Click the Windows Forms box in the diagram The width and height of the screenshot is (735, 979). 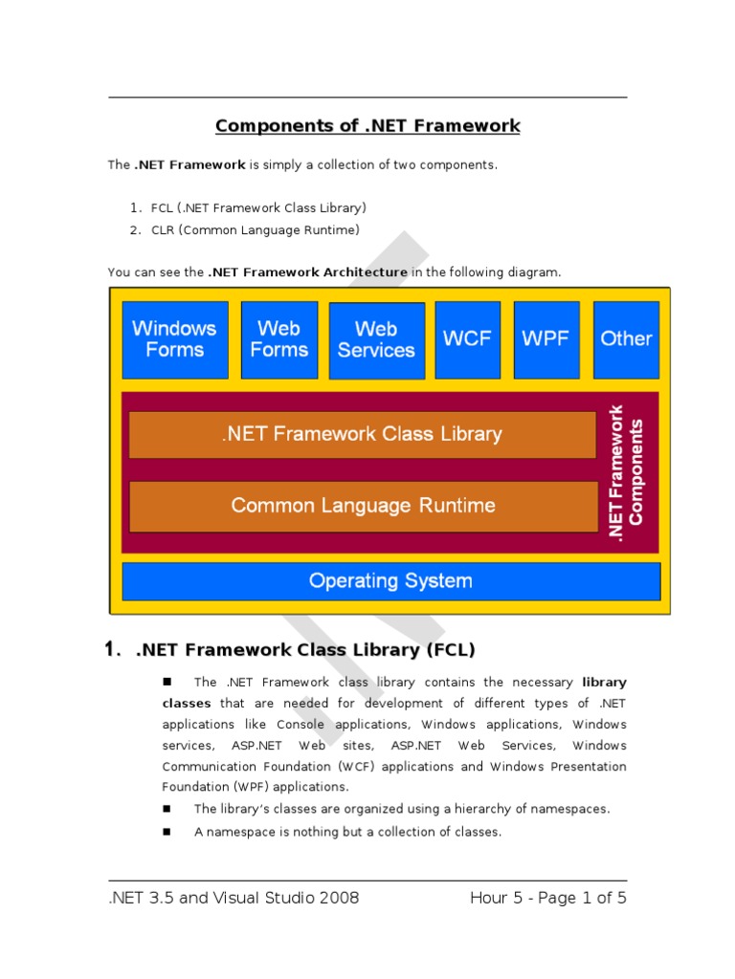click(x=175, y=339)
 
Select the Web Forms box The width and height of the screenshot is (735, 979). click(x=279, y=339)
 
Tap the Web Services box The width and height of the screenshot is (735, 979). click(x=376, y=340)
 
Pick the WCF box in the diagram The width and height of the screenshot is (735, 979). click(x=466, y=339)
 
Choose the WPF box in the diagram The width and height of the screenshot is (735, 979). click(x=546, y=339)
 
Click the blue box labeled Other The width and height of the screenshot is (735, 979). click(x=626, y=339)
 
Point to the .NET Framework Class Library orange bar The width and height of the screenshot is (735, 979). click(x=362, y=434)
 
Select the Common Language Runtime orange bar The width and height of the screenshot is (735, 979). click(x=363, y=506)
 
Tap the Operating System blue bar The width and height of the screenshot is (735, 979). click(x=390, y=581)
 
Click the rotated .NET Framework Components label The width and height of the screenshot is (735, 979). click(x=628, y=472)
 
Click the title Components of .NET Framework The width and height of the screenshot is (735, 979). click(x=367, y=126)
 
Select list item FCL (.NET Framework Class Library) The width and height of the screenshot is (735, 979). click(x=258, y=207)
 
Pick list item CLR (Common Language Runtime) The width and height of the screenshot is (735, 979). click(x=256, y=230)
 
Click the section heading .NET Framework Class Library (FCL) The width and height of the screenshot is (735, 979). click(x=305, y=650)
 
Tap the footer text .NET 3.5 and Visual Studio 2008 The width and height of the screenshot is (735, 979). click(x=234, y=898)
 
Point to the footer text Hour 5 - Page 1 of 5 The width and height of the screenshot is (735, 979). click(x=548, y=898)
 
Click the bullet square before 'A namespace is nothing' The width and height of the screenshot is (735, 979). click(x=166, y=832)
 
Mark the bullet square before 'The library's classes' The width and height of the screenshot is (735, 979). click(x=166, y=809)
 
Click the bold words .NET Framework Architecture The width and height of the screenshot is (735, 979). click(x=307, y=272)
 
